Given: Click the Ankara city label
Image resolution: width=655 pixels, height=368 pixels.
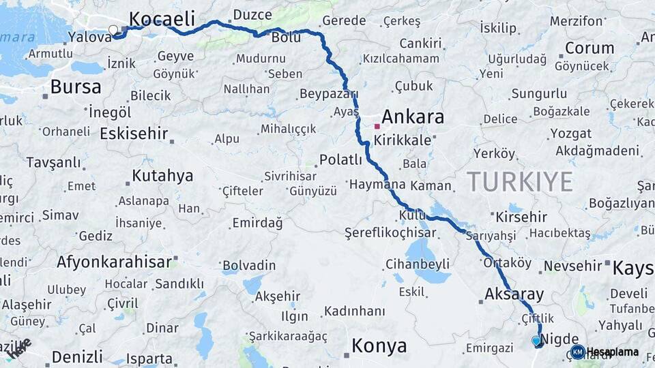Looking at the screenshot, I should point(412,117).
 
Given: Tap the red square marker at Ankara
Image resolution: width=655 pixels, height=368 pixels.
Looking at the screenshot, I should point(377,126).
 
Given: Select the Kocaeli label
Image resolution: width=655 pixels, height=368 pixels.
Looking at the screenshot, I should point(162,18).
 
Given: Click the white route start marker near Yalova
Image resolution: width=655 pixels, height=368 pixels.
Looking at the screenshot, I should point(113,29).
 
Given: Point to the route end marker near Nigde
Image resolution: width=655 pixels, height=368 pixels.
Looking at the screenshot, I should point(536,340).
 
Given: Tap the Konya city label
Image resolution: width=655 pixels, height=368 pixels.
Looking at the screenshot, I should point(379,346).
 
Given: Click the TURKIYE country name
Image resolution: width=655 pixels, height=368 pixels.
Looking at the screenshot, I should point(520,182).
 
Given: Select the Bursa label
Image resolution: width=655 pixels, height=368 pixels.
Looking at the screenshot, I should point(76,87).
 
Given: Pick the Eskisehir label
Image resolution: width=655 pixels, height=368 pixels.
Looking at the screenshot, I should point(134,134).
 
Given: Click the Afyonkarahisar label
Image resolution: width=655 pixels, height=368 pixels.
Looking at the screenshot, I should point(114,261).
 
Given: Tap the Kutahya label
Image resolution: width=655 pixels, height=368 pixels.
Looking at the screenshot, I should point(162,176).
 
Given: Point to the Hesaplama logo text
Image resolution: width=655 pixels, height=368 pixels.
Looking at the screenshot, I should point(612,352).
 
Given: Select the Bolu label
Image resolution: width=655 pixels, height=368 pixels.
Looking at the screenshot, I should point(286,37).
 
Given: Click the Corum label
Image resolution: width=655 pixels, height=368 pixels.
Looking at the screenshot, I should point(589,48).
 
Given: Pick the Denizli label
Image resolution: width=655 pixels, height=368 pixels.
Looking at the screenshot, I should point(77,356).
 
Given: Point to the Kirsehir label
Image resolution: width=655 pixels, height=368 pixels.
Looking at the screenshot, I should point(521,217).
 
